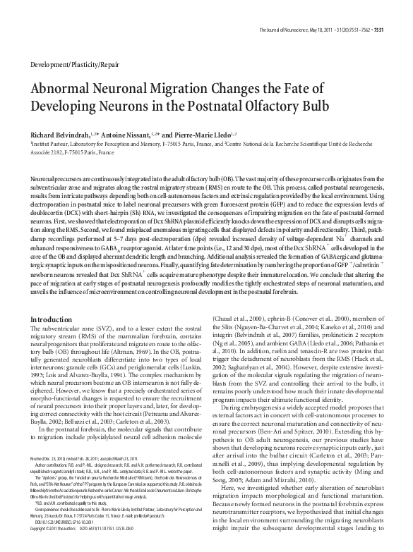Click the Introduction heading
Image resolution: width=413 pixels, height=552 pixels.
click(52, 319)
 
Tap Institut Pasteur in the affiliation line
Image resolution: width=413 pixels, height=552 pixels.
click(49, 142)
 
